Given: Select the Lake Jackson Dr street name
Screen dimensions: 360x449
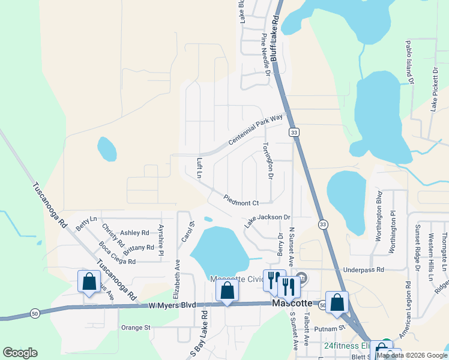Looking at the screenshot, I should (x=267, y=220).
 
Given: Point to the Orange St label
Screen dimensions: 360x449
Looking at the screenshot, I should (x=135, y=328).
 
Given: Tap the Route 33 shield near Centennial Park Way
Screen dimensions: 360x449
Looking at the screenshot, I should (x=293, y=132).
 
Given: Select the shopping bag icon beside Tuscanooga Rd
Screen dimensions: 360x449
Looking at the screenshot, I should (x=89, y=281).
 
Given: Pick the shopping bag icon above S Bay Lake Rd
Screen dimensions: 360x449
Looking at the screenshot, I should (x=227, y=291).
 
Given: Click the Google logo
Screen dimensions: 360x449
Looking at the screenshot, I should (x=20, y=353).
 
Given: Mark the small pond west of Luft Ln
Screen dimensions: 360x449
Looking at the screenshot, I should (x=107, y=149).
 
